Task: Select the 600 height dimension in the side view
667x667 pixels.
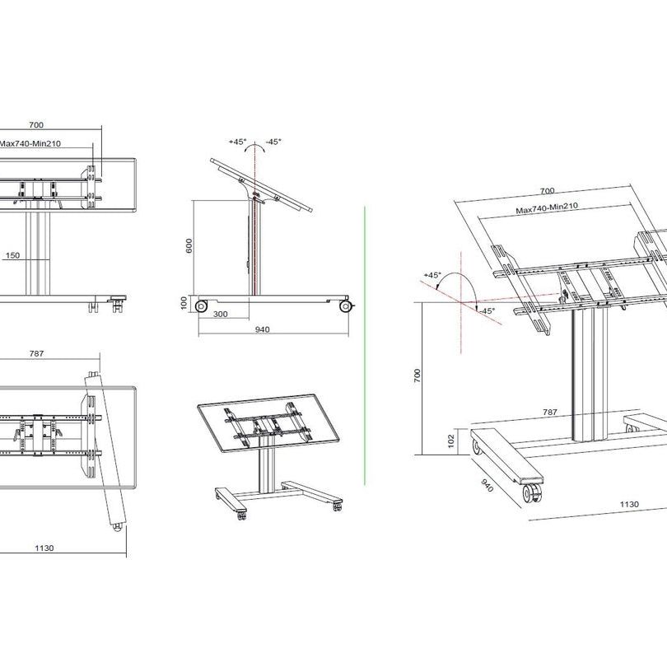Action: tap(189, 246)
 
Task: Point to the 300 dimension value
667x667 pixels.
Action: tap(222, 315)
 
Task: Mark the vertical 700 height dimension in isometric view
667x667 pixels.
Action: tap(418, 375)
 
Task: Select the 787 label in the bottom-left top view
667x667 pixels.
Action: tap(35, 353)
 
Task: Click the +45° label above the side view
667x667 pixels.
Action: tap(238, 142)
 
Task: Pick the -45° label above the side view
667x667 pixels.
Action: tap(273, 142)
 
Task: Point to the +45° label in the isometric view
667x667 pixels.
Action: tap(432, 275)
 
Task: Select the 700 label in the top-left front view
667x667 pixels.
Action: tap(36, 125)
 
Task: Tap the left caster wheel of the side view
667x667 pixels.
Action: tap(201, 306)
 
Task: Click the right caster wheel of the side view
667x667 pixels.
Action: tap(345, 307)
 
